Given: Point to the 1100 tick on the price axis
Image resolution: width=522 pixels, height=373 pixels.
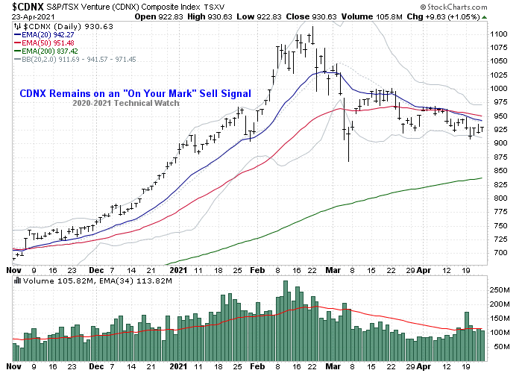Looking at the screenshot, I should pyautogui.click(x=498, y=34).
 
